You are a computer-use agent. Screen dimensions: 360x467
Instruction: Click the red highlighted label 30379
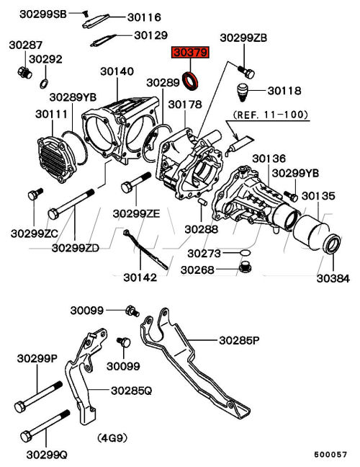click(190, 53)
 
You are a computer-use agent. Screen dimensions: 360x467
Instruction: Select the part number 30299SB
click(43, 14)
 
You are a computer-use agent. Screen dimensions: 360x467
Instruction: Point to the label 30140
click(117, 71)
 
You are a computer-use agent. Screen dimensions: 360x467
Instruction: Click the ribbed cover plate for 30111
click(57, 159)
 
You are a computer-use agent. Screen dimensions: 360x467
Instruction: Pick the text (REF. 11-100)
click(270, 115)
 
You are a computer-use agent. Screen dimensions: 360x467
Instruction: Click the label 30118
click(284, 91)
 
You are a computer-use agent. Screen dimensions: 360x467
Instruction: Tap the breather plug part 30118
click(243, 92)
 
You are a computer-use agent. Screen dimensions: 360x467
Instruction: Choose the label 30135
click(318, 196)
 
